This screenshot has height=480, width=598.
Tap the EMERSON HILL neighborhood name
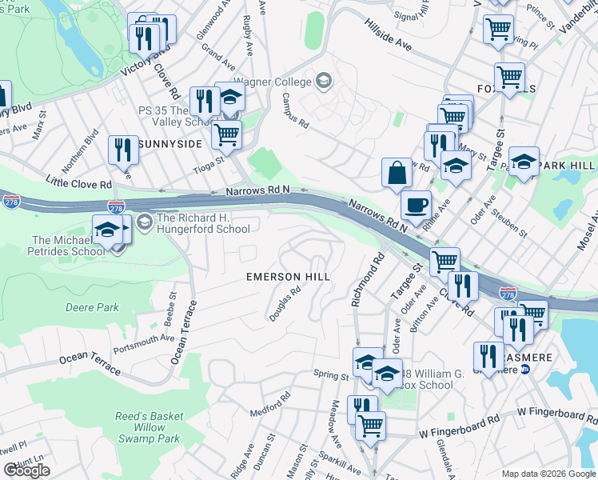[288, 277]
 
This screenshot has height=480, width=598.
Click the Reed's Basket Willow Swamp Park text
[149, 427]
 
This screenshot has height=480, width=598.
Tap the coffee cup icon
[415, 205]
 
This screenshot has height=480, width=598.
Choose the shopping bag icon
[397, 172]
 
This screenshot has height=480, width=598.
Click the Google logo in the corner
[26, 470]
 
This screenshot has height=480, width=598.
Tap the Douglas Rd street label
[285, 304]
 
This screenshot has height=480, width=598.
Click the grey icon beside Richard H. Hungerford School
[145, 220]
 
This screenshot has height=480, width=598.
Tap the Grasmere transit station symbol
[525, 369]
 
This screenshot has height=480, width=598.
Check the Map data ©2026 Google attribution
[547, 473]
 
